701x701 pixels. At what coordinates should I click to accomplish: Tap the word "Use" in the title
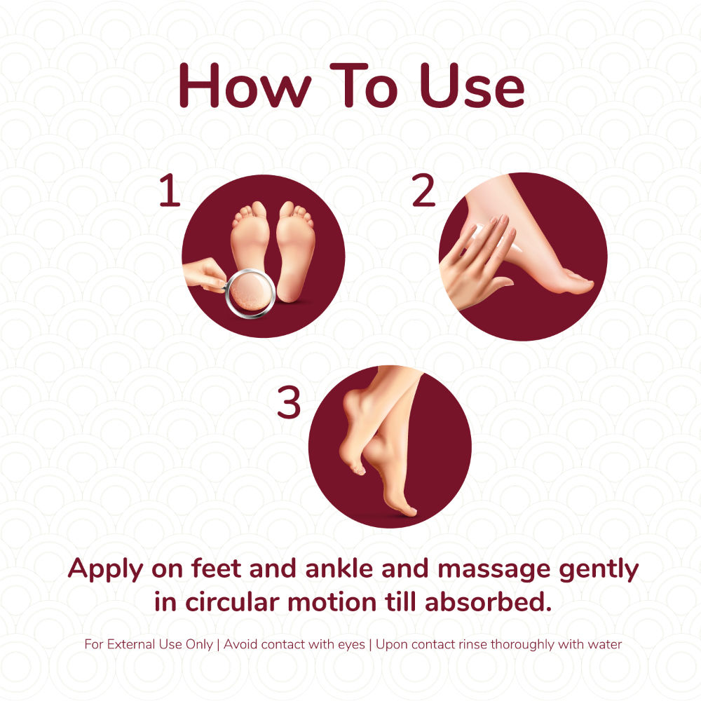tap(472, 86)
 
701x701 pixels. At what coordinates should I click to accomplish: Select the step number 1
tap(170, 191)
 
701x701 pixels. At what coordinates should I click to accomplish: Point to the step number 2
tap(423, 191)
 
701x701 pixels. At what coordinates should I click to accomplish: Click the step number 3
tap(288, 402)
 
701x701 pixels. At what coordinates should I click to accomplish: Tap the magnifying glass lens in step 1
tap(250, 292)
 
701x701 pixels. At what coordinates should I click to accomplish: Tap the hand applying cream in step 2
tap(476, 261)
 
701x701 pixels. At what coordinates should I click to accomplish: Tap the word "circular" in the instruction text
tap(233, 601)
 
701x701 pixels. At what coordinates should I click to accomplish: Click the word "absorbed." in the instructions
tap(488, 601)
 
